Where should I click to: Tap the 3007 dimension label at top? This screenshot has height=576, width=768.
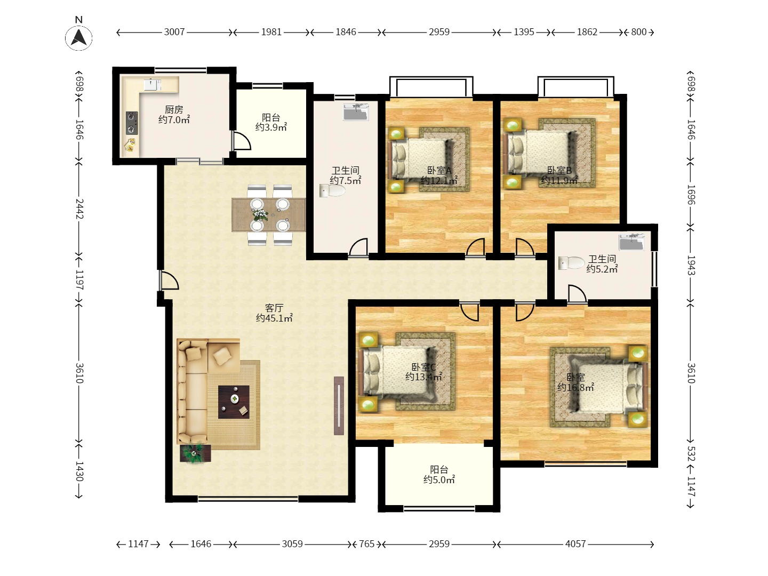[x=174, y=32]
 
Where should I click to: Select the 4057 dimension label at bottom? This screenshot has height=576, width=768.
[x=575, y=544]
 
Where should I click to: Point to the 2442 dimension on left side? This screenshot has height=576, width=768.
[x=79, y=209]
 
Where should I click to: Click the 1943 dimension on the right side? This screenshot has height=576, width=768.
[x=691, y=265]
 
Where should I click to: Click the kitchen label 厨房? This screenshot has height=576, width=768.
[x=174, y=109]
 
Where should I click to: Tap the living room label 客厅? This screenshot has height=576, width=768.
[x=274, y=308]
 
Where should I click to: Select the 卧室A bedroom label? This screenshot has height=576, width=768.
[x=439, y=170]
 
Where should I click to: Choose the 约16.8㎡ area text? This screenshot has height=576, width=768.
[x=575, y=387]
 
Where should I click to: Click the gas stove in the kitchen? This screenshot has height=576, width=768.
[x=132, y=123]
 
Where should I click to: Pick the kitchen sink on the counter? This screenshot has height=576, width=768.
[x=153, y=85]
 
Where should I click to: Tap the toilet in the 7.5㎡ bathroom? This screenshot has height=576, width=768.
[x=332, y=190]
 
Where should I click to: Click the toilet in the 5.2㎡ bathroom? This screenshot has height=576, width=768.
[x=571, y=263]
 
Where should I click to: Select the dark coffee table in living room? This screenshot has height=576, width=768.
[x=234, y=402]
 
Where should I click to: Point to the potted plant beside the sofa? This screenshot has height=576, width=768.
[x=195, y=453]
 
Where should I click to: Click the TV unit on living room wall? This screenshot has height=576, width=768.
[x=339, y=406]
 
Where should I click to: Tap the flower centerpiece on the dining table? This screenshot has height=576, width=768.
[x=259, y=214]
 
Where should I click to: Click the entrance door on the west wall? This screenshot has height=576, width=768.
[x=169, y=280]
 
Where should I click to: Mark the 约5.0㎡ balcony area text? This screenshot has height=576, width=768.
[x=439, y=479]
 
